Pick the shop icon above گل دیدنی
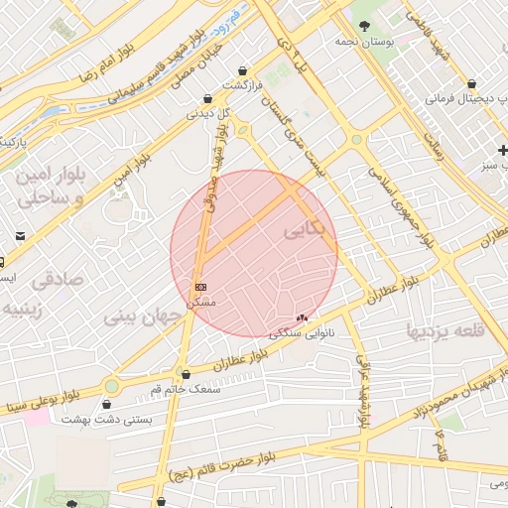pos(206,99)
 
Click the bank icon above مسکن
pos(201,287)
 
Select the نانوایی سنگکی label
pos(303,333)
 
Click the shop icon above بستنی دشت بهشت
pos(107,404)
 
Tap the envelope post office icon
pos(21,236)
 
